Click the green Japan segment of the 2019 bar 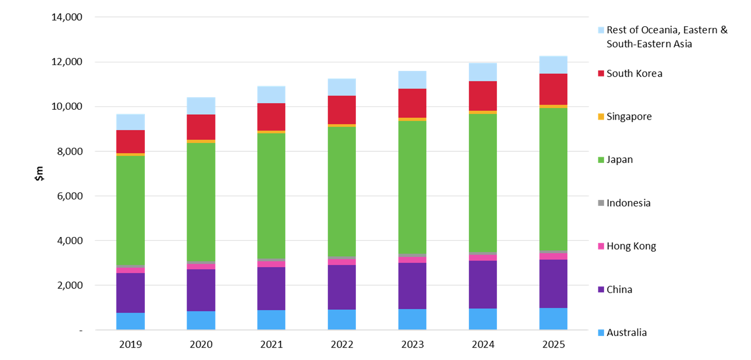point(130,210)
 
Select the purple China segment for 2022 point(342,287)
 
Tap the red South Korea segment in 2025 point(553,89)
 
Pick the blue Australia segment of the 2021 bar point(271,320)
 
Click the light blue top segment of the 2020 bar point(201,106)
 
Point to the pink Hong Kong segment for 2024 point(483,257)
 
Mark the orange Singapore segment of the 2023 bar point(412,119)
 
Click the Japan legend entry point(619,160)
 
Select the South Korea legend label point(634,73)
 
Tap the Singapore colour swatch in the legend point(601,117)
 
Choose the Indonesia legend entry point(629,203)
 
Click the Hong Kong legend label point(631,246)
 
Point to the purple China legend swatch point(601,290)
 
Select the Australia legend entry point(626,333)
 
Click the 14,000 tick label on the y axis point(66,17)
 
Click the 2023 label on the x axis point(412,345)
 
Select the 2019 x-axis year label point(130,345)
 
